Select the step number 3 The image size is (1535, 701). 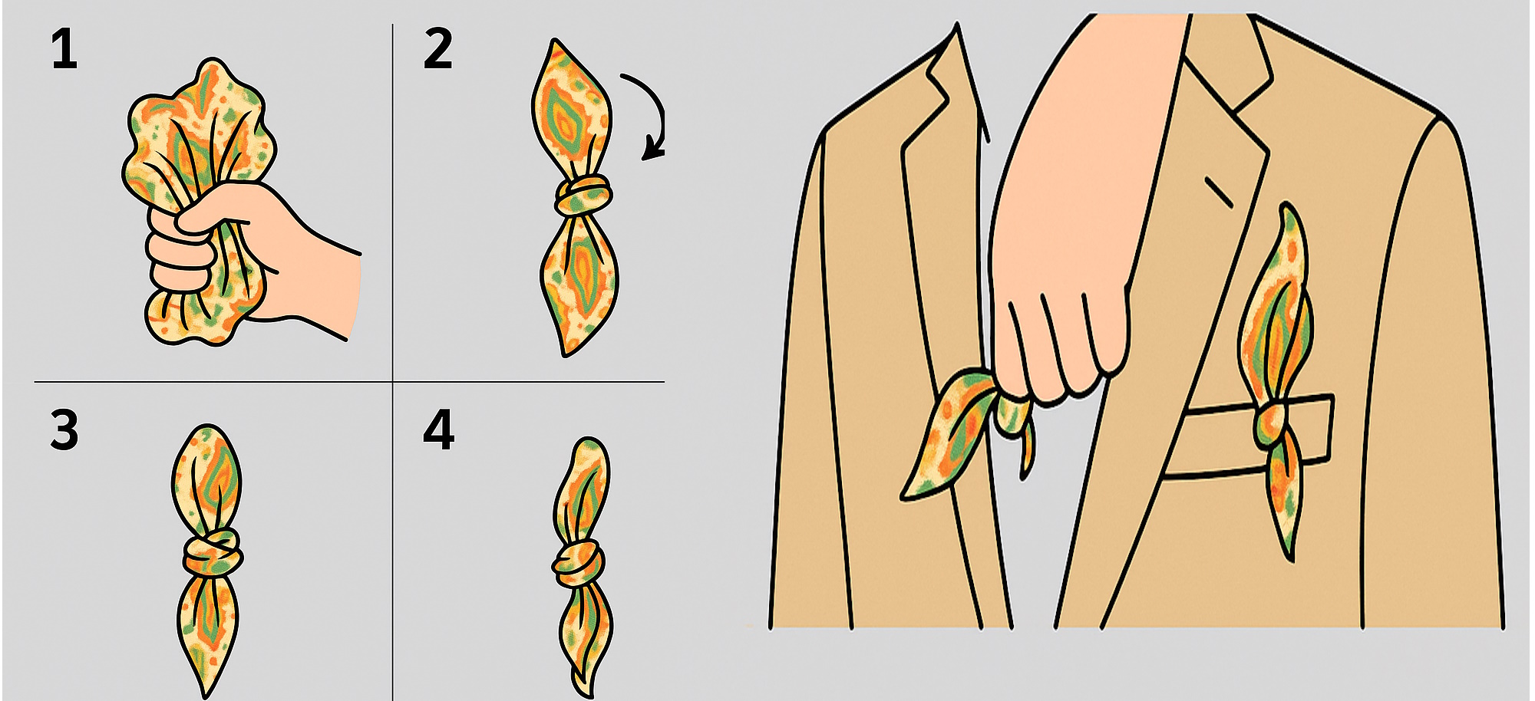click(x=64, y=429)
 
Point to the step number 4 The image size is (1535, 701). click(x=438, y=429)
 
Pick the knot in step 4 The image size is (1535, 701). click(x=577, y=564)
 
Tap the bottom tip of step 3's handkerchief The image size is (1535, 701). click(x=206, y=695)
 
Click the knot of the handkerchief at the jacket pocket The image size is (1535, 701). click(x=1271, y=424)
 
